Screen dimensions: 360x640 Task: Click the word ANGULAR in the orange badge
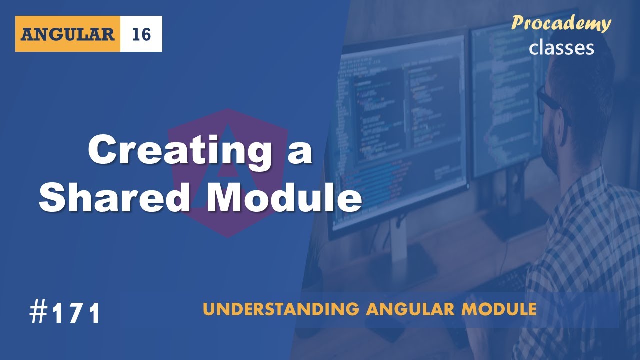coord(67,34)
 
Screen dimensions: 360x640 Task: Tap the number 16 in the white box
coord(141,34)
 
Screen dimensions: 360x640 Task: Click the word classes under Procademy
coord(561,47)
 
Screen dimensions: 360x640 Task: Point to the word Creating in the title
coord(179,151)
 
